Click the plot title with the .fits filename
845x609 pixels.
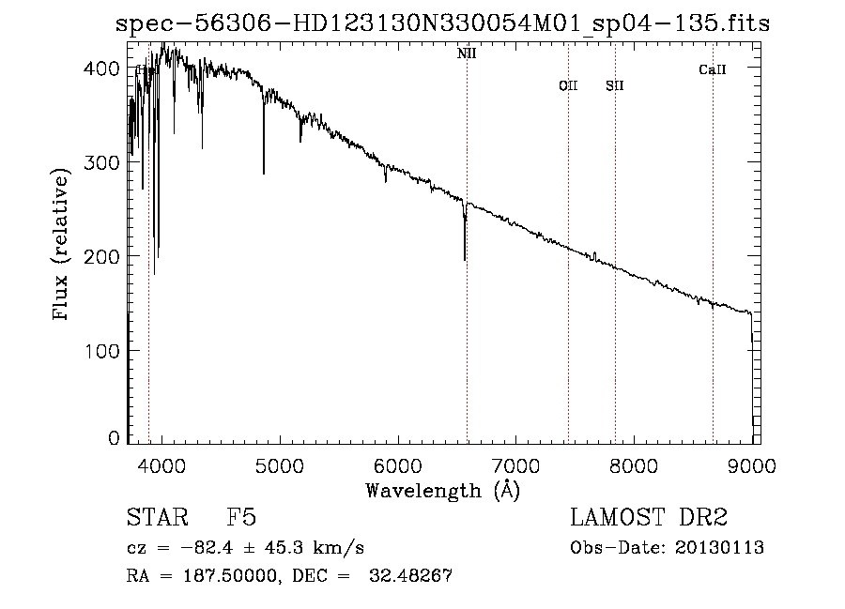441,23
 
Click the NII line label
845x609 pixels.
467,53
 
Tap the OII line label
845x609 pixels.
568,86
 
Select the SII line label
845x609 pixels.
615,86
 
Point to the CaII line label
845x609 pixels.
713,69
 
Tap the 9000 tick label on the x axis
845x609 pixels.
751,464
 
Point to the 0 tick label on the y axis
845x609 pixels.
114,438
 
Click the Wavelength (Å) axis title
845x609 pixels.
442,490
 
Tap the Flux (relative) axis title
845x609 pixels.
63,246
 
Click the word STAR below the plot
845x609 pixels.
153,519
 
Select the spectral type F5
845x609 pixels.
241,519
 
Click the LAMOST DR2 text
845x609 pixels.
649,519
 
